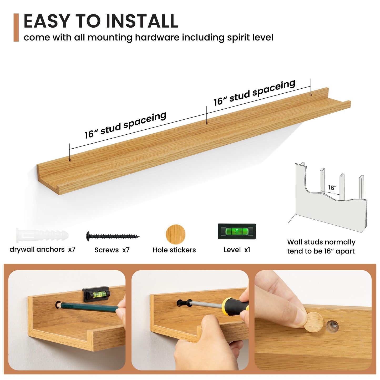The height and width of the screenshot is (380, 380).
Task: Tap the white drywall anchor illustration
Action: coord(42,235)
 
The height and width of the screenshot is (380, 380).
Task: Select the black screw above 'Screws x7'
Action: coord(113,236)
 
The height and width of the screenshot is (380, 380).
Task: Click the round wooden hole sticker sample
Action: coord(175,234)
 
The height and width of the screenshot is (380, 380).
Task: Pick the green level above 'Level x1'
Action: coord(237,231)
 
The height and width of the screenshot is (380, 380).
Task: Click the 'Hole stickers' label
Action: coord(174,250)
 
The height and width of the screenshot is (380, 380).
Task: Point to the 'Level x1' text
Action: coord(237,250)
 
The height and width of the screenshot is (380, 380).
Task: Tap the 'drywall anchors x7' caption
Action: coord(43,250)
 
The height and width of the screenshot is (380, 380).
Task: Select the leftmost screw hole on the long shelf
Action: coord(70,160)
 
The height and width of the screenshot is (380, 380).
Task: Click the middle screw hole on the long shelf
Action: coord(207,123)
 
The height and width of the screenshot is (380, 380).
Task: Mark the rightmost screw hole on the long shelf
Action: coord(311,95)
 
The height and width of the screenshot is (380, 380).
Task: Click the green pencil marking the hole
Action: coord(88,308)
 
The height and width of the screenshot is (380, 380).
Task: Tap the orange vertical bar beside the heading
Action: coord(16,27)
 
